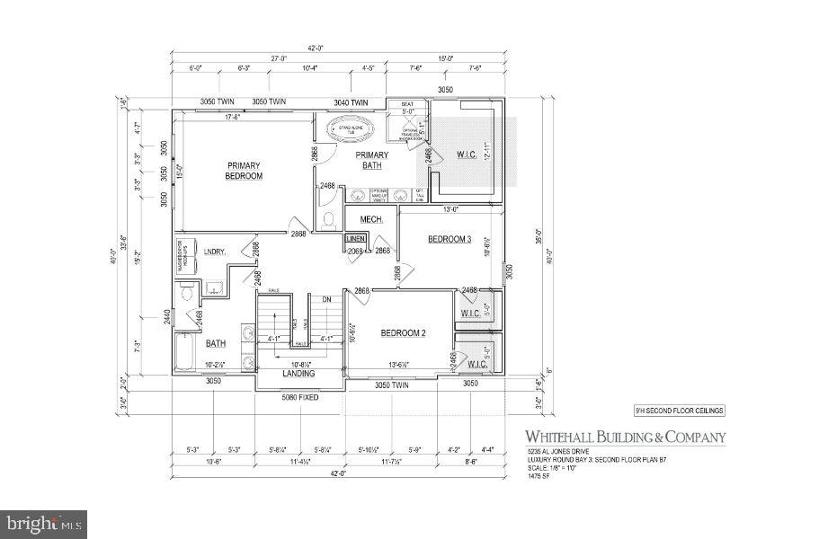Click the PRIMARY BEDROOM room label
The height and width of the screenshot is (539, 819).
point(244,171)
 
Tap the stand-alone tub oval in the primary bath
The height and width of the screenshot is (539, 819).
point(347,131)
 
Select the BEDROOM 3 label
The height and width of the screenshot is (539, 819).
point(449,239)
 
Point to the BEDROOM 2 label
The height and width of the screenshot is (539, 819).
point(402,333)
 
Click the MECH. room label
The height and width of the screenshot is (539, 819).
point(372,219)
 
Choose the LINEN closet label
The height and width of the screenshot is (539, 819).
point(356,239)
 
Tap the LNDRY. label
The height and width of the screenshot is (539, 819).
point(214,252)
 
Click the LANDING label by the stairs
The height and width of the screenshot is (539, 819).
point(298,374)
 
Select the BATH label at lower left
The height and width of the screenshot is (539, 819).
point(216,343)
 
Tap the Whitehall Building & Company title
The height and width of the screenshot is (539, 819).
point(626,438)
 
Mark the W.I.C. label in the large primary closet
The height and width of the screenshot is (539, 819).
point(467,154)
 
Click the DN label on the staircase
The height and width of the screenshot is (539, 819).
point(327,299)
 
